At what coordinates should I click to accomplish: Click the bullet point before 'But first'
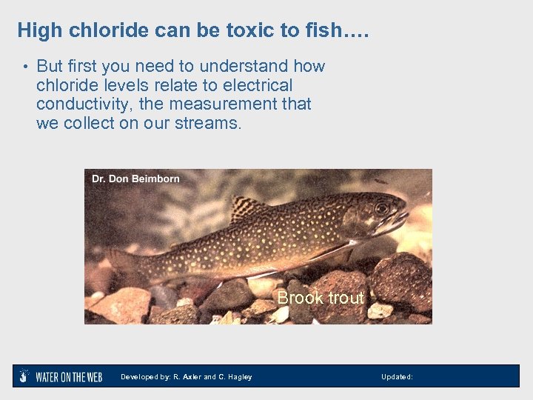24,67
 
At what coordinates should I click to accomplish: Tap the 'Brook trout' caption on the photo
320,298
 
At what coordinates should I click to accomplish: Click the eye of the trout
382,209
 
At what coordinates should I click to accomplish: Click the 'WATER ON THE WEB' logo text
69,377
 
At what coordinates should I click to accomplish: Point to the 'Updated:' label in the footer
397,377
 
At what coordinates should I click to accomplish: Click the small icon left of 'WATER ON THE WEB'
24,376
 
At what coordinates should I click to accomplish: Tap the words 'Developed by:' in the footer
145,377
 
